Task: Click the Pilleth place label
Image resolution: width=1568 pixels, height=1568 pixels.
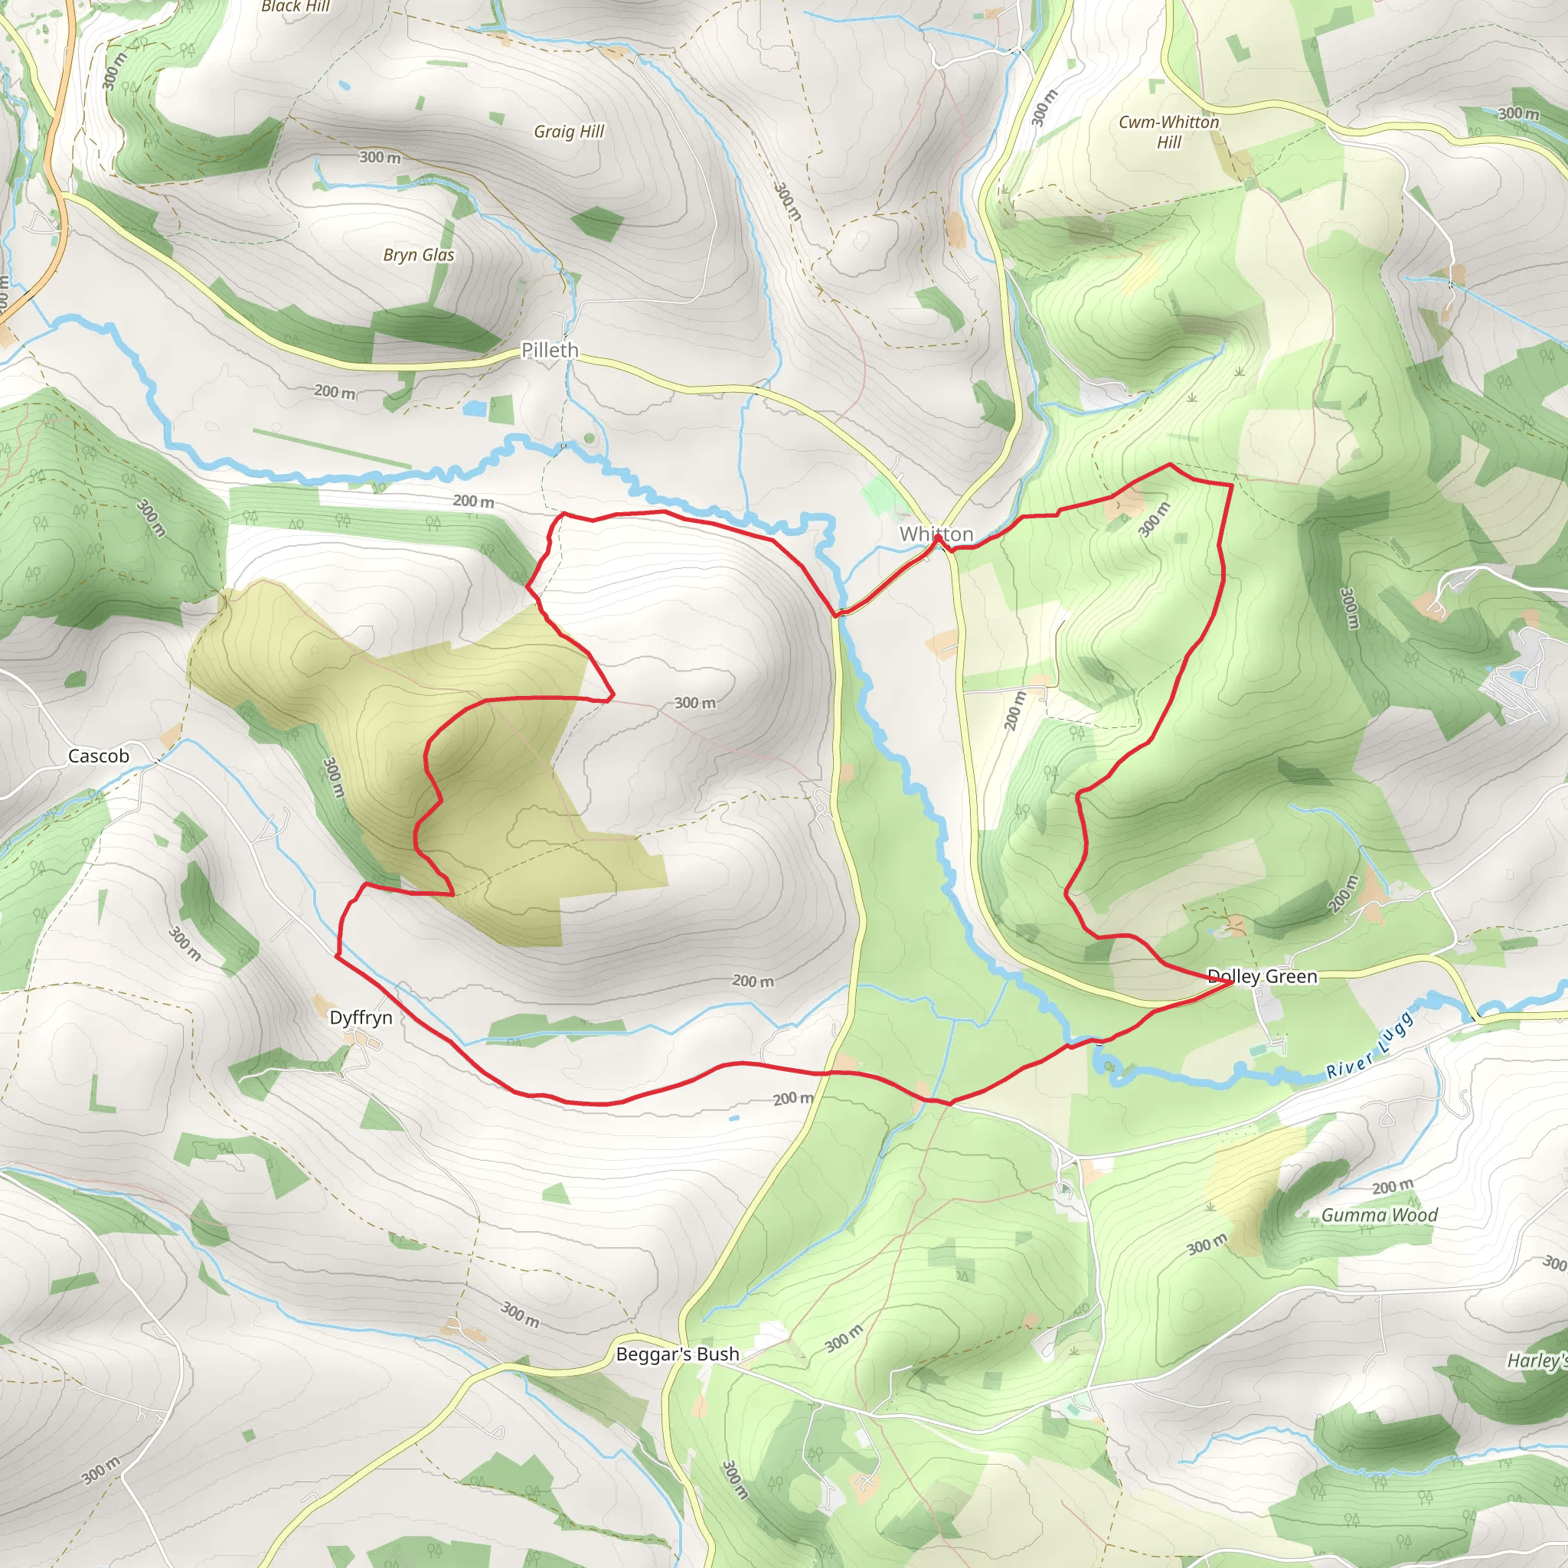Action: [550, 350]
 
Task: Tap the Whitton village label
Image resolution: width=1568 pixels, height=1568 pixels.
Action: [936, 534]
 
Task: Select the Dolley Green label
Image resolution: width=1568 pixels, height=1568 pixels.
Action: [1262, 976]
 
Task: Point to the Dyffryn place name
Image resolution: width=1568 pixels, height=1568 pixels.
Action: [361, 1018]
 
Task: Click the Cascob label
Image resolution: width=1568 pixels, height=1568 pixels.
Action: [98, 756]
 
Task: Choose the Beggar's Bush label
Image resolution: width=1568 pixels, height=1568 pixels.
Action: [677, 1354]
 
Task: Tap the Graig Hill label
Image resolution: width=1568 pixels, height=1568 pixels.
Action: [568, 132]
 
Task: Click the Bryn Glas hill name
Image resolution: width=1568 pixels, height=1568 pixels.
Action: [418, 255]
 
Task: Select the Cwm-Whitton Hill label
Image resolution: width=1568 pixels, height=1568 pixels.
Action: [1168, 132]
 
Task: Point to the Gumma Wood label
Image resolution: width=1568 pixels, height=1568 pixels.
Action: [1379, 1215]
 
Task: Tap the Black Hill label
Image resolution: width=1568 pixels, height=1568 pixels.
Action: [295, 6]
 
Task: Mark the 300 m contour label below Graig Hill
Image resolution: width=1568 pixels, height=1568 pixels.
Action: [380, 157]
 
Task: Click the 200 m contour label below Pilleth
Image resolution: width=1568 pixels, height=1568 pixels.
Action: [335, 391]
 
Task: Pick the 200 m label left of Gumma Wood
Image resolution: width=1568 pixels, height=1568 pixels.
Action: [1393, 1187]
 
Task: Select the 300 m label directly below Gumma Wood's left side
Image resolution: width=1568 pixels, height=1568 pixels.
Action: [1207, 1244]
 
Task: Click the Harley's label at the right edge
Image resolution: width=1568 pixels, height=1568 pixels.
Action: [1538, 1361]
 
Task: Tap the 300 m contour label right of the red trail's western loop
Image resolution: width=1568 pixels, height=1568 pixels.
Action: [694, 703]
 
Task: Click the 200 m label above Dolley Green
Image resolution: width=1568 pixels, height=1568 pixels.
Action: [1342, 893]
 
